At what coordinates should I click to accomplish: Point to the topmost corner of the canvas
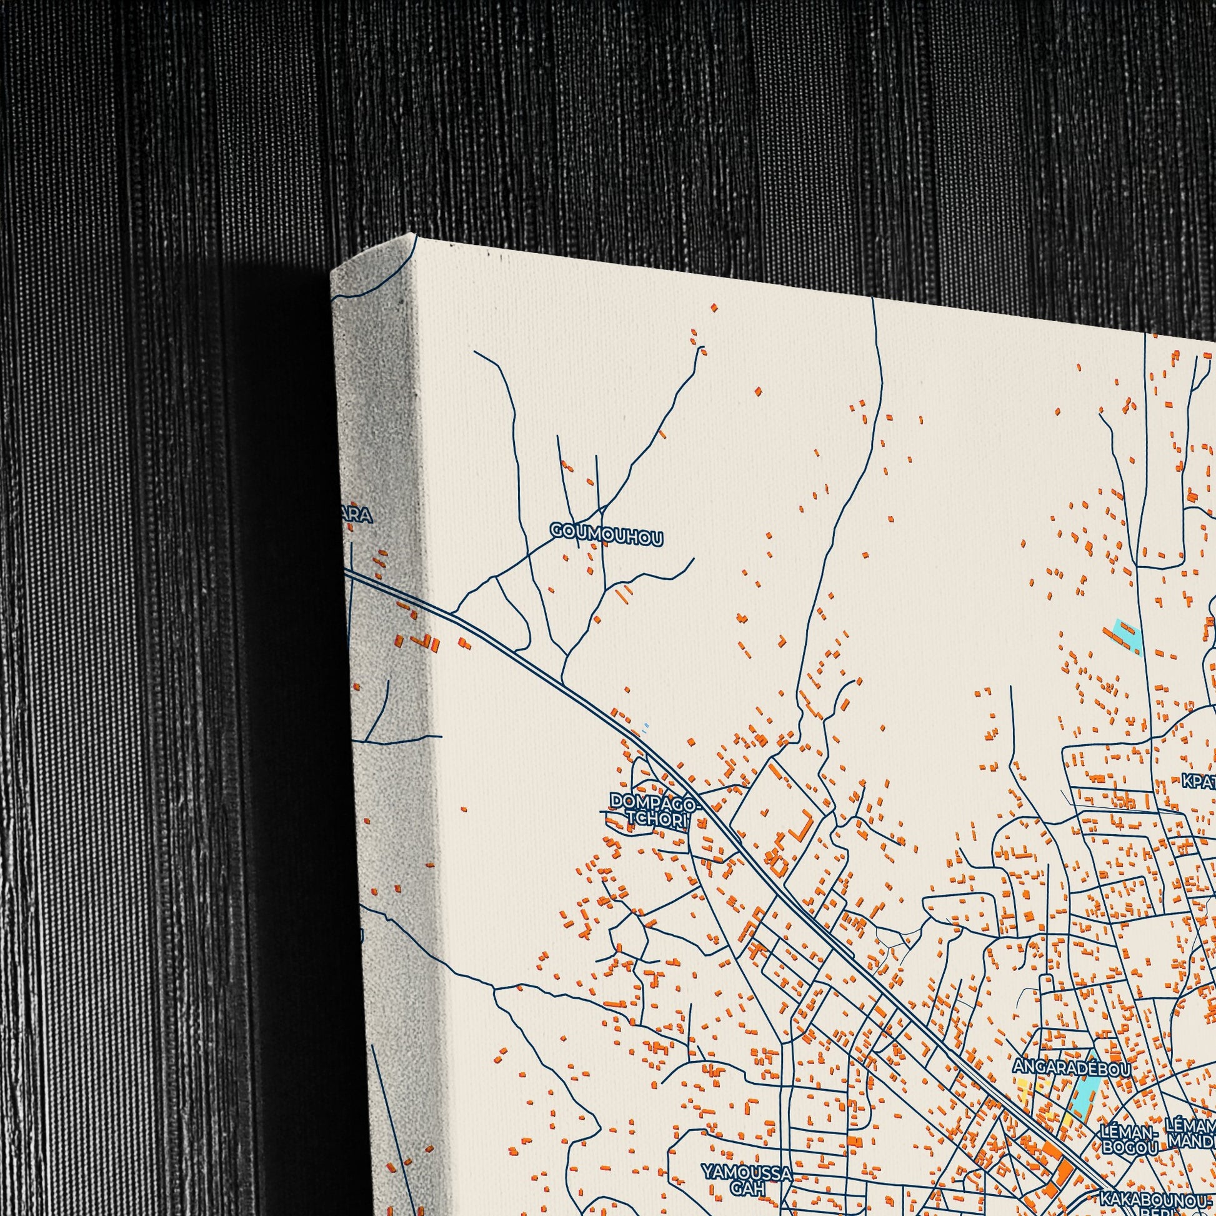(x=416, y=234)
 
